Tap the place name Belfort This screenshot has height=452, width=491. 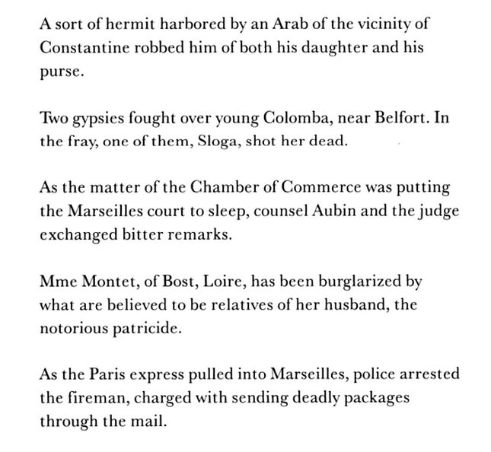pyautogui.click(x=376, y=118)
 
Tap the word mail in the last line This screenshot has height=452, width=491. pyautogui.click(x=151, y=421)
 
